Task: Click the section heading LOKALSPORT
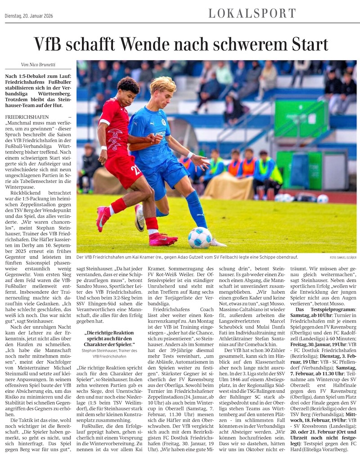point(252,13)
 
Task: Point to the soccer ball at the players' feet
point(200,237)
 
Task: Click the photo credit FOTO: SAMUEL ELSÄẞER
point(340,257)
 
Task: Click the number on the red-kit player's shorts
point(134,170)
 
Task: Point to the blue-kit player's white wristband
point(190,155)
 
